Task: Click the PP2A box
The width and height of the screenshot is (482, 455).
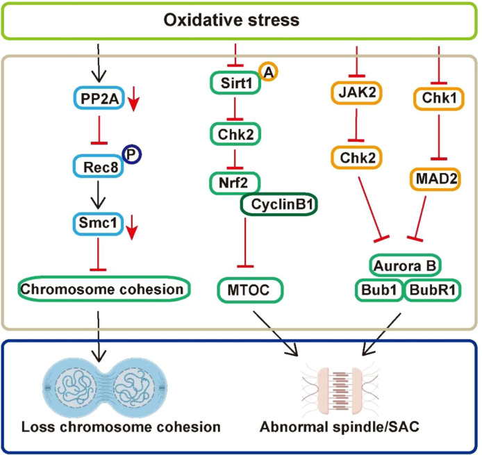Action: click(x=99, y=99)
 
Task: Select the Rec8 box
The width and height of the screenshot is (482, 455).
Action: click(x=99, y=167)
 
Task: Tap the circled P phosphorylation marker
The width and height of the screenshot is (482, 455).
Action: click(x=132, y=154)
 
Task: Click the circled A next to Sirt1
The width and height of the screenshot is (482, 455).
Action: click(x=268, y=72)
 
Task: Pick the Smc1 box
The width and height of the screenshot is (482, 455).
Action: click(x=98, y=224)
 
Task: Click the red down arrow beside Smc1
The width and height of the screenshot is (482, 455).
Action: click(x=132, y=228)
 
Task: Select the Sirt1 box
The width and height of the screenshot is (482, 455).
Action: click(x=235, y=83)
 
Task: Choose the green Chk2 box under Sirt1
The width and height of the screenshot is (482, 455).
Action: click(x=235, y=134)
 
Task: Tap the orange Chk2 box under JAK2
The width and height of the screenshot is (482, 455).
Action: click(x=356, y=158)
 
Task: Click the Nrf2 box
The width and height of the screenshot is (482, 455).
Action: click(x=235, y=183)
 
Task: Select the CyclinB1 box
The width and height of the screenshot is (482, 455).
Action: click(x=279, y=204)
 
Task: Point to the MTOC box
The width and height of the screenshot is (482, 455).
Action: click(x=250, y=290)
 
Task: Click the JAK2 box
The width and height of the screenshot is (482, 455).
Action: click(x=356, y=92)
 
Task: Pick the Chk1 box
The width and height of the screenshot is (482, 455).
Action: click(x=439, y=99)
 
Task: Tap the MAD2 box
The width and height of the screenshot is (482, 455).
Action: click(x=435, y=179)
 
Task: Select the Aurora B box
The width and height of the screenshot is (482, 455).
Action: click(x=405, y=265)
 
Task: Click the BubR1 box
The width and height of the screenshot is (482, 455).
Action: click(x=433, y=290)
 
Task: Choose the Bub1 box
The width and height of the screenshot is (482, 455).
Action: click(x=379, y=290)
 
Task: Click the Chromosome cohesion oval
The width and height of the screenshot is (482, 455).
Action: click(x=104, y=289)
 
